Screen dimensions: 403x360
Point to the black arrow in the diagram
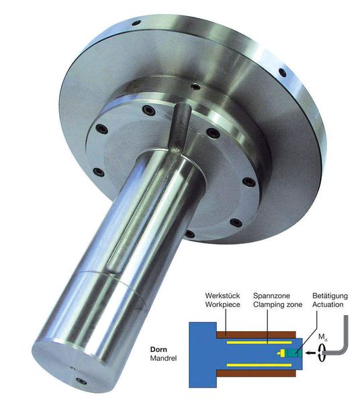(306, 352)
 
